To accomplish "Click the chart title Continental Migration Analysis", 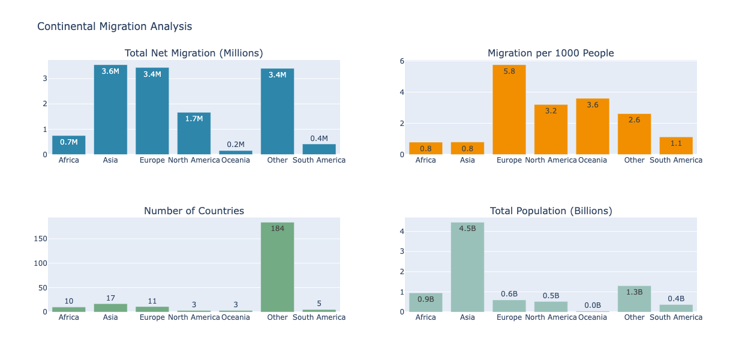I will (115, 26).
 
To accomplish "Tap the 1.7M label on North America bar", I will (194, 119).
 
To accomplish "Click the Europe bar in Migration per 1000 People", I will (509, 111).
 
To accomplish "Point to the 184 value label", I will (277, 229).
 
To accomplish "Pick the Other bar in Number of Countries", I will (277, 270).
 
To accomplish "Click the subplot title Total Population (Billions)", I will (551, 211).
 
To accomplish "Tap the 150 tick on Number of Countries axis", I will (40, 239).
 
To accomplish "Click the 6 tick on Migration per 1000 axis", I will (402, 61).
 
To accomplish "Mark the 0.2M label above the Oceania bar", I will (236, 145).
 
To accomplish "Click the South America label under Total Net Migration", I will (319, 160).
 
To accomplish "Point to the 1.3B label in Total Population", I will (634, 292).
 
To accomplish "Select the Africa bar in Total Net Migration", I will (69, 146).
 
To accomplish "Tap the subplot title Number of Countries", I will (194, 211).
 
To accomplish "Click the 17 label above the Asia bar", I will (110, 298).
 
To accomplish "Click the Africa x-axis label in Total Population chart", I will (425, 317).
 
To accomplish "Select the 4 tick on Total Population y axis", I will (402, 232).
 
